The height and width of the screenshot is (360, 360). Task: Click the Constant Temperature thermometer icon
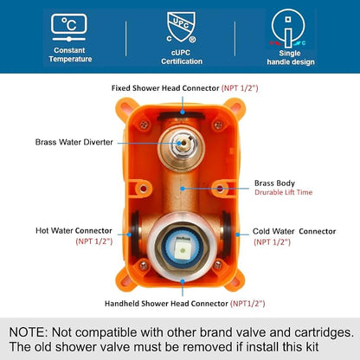69,28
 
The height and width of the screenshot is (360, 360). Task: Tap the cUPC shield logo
181,28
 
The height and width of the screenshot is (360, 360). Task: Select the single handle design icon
288,29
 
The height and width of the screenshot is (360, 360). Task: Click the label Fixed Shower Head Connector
165,88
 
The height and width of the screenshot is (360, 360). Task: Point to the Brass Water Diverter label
74,142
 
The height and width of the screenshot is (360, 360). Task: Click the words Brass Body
274,183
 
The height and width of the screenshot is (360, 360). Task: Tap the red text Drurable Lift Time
283,192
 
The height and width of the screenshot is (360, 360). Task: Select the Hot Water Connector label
74,231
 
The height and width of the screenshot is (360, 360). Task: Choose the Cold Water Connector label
294,231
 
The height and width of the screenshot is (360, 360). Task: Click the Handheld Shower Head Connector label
166,304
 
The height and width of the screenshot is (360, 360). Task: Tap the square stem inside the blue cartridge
182,248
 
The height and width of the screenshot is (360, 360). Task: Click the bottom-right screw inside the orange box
218,265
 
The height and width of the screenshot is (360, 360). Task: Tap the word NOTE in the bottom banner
28,332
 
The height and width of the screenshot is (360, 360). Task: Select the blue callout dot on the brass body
183,189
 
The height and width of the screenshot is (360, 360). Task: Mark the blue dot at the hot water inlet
129,235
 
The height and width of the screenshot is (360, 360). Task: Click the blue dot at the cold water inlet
238,235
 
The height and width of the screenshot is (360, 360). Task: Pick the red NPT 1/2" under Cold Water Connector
272,242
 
